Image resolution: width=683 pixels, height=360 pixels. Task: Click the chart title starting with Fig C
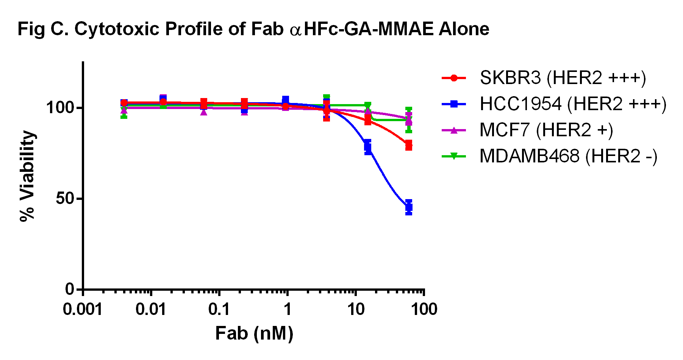(x=253, y=29)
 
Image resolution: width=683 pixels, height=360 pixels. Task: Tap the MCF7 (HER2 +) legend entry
(x=546, y=130)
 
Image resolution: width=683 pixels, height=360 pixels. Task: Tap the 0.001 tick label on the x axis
(x=83, y=309)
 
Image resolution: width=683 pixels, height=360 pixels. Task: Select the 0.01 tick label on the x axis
(x=151, y=309)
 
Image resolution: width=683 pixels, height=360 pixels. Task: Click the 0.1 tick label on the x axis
(x=219, y=309)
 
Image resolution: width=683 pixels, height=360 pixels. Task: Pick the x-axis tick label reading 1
(x=288, y=309)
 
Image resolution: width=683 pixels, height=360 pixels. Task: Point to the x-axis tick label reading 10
(x=356, y=309)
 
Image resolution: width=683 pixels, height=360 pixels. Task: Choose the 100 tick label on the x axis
(x=424, y=309)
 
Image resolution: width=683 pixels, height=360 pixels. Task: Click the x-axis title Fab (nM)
(x=254, y=334)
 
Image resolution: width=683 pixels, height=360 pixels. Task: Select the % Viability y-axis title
(x=27, y=176)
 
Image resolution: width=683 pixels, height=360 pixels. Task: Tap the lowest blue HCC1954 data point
(x=408, y=207)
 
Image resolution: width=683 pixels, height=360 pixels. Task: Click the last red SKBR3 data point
(x=408, y=145)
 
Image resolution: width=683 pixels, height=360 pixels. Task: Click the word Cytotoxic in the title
(x=117, y=29)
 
